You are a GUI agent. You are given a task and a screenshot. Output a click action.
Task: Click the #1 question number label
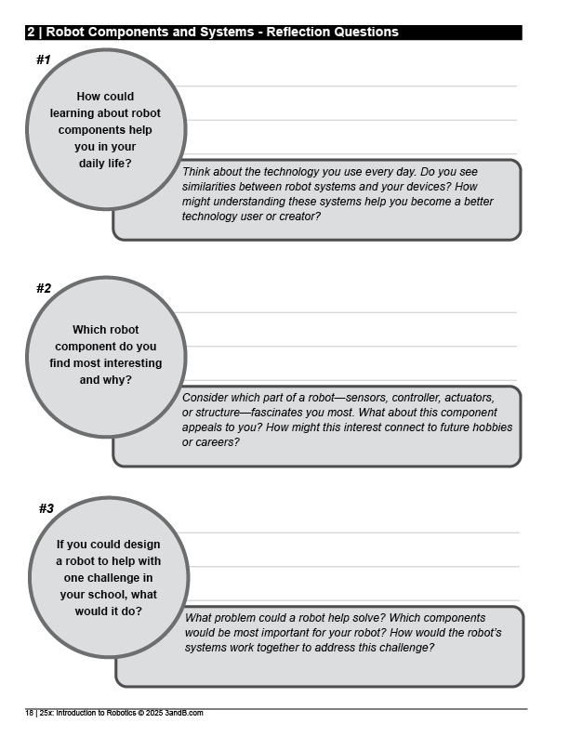(x=43, y=59)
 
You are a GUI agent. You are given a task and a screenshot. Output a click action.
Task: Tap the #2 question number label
(x=44, y=288)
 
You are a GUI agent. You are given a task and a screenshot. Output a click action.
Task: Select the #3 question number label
(x=46, y=508)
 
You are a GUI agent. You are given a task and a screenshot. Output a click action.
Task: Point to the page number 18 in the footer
(x=29, y=713)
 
